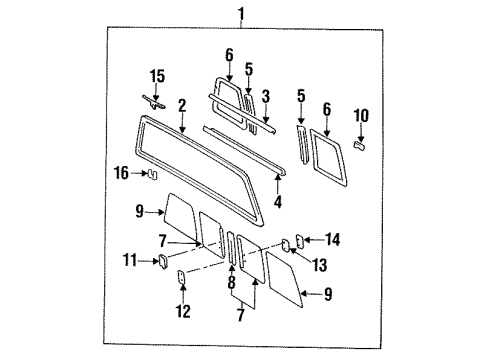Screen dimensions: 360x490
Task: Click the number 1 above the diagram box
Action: point(239,13)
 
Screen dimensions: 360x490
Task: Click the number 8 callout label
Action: point(230,283)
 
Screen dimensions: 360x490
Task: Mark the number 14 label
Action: point(333,239)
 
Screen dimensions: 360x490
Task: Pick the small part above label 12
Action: point(180,276)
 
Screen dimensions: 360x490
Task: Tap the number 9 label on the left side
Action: point(140,210)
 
